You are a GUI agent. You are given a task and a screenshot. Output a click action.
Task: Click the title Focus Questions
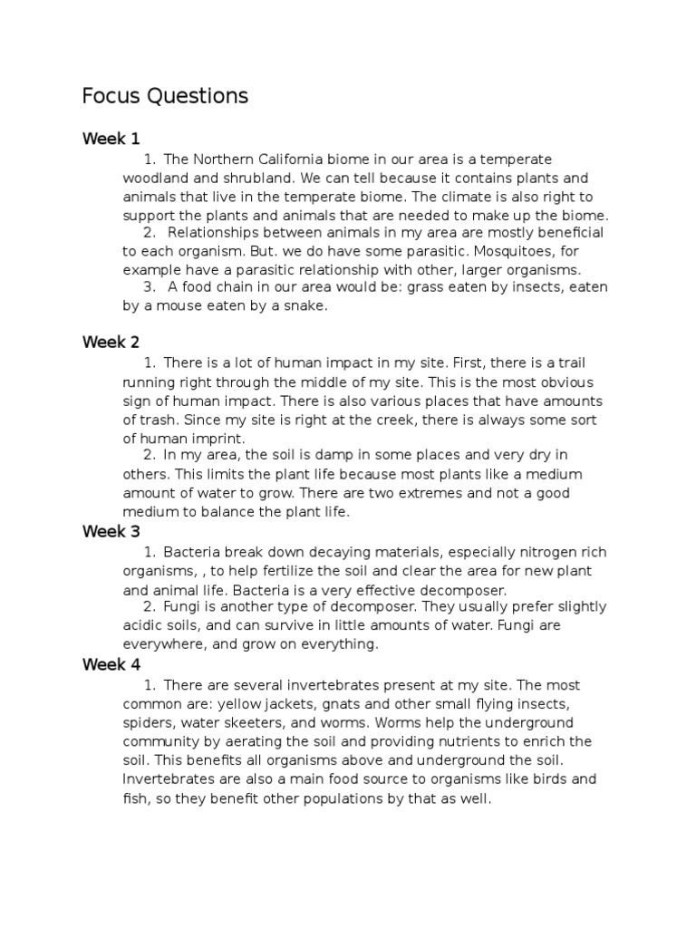click(164, 95)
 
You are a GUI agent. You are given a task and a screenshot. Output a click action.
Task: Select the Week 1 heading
click(111, 139)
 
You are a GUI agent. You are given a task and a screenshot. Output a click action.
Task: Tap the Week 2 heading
click(111, 342)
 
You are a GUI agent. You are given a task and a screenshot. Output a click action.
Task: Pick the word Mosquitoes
click(522, 251)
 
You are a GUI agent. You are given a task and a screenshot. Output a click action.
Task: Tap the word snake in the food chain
click(303, 306)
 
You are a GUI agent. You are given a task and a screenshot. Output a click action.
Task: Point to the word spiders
click(148, 723)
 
